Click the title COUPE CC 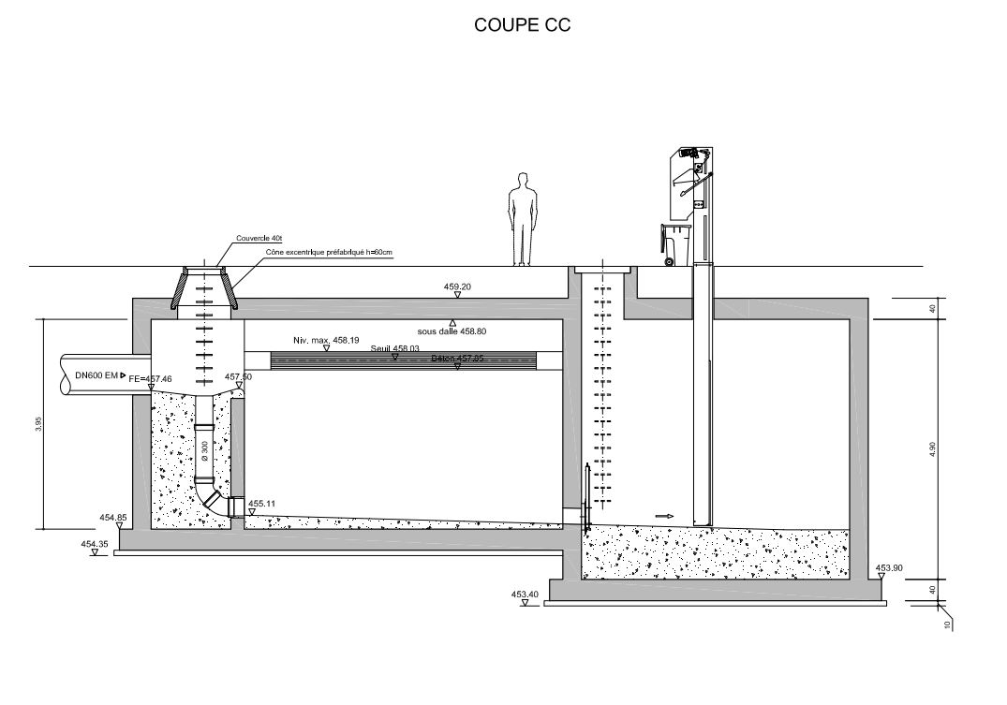click(x=522, y=25)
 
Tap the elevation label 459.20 click(x=457, y=286)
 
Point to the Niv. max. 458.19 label click(x=325, y=341)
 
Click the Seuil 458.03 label click(x=394, y=348)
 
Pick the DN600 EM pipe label click(x=96, y=375)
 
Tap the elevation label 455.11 click(x=261, y=503)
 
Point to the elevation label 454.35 click(x=96, y=544)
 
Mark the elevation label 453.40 click(x=525, y=594)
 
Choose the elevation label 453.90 click(x=888, y=567)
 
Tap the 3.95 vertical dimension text click(x=38, y=424)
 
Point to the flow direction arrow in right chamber click(x=664, y=515)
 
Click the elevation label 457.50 click(x=238, y=376)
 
